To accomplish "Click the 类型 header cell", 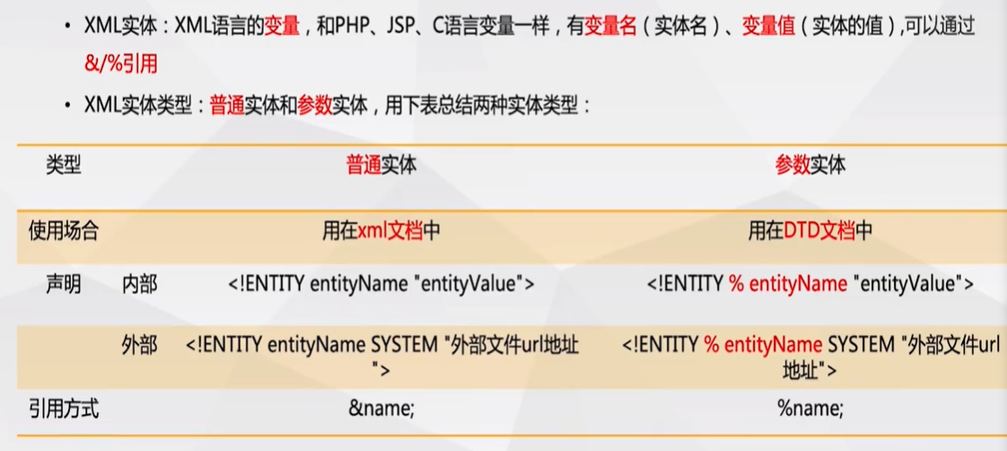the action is point(63,165).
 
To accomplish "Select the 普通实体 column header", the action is point(381,165).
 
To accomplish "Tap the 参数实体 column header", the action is point(810,165).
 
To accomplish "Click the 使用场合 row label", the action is point(63,231).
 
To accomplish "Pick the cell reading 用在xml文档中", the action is point(381,231).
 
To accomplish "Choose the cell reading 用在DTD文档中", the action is point(810,231).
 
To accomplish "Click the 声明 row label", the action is point(63,285).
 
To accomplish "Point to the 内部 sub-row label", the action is point(139,285).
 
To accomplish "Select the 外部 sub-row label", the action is point(139,345).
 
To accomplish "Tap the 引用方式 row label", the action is point(63,409).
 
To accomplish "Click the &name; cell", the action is point(381,409).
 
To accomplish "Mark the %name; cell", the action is point(810,409).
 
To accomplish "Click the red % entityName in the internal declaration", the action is point(787,285).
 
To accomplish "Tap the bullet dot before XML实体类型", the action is point(69,106).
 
